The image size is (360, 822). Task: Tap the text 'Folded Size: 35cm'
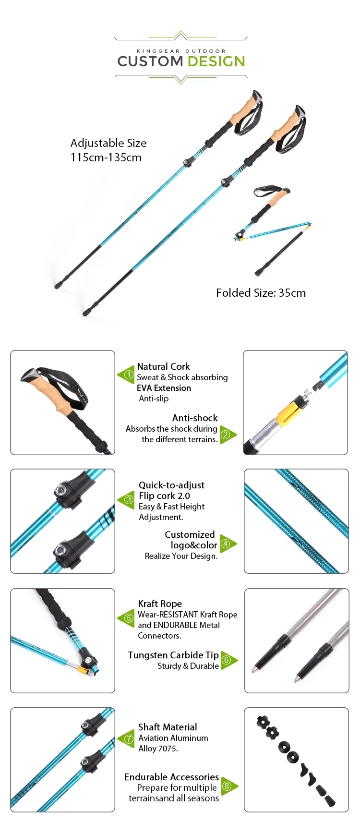[x=261, y=293]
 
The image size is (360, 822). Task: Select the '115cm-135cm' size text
[x=106, y=157]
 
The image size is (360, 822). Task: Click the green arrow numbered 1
[x=126, y=375]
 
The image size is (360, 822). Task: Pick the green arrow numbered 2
[x=228, y=435]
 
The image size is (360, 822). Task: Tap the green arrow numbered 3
[x=126, y=500]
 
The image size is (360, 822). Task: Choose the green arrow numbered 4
[x=228, y=544]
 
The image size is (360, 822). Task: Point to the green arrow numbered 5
[x=126, y=618]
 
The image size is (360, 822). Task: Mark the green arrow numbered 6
[x=229, y=660]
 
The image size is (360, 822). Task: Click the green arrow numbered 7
[x=126, y=739]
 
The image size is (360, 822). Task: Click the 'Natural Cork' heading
[x=163, y=367]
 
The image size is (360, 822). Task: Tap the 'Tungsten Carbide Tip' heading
[x=173, y=655]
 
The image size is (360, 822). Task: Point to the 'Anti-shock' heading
[x=195, y=418]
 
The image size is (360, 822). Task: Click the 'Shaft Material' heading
[x=168, y=727]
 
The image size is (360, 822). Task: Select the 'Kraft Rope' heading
[x=160, y=604]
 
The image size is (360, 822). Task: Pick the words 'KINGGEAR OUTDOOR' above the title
[x=181, y=51]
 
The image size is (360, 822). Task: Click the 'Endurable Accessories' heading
[x=171, y=777]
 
